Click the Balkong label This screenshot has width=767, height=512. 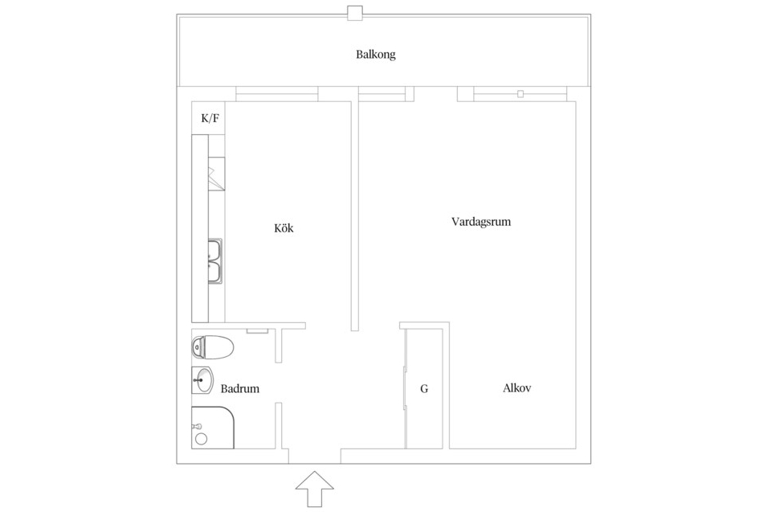point(376,55)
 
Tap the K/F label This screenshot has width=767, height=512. point(210,118)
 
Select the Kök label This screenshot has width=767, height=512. point(284,228)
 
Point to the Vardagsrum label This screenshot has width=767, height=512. point(481,222)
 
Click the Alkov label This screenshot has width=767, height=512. point(517,388)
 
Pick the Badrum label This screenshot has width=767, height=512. point(239,389)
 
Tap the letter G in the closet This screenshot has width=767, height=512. point(424,389)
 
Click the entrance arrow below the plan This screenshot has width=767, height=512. point(315,489)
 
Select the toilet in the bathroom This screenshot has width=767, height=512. point(212,347)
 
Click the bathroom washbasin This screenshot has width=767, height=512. point(202,380)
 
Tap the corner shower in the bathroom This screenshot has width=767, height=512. point(213,428)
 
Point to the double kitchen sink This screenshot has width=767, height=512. point(216,261)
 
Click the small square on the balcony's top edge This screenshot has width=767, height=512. point(355,13)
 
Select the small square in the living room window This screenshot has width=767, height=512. point(520,94)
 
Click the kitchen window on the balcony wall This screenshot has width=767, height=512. point(277,94)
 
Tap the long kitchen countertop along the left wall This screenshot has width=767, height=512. point(200,228)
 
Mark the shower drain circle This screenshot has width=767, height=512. point(201,438)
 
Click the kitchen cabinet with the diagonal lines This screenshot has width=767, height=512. point(217,174)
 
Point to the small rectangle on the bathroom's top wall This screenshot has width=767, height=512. point(257,331)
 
